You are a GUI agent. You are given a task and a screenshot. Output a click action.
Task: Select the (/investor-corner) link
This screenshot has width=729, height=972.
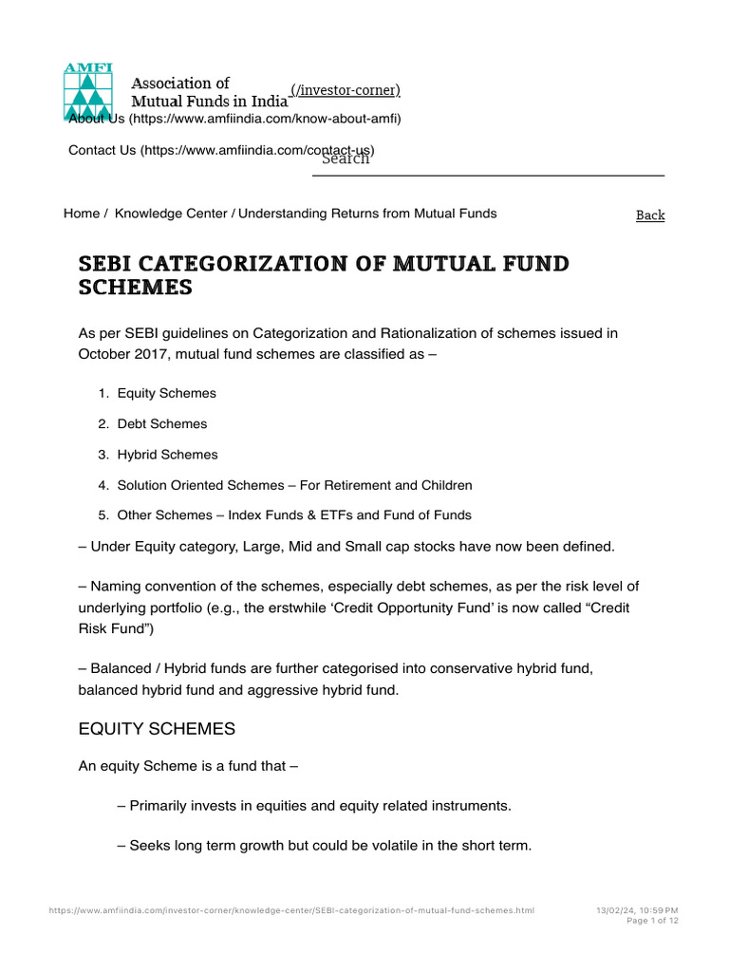pyautogui.click(x=346, y=90)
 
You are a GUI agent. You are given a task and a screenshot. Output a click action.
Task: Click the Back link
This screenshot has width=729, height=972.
pyautogui.click(x=650, y=215)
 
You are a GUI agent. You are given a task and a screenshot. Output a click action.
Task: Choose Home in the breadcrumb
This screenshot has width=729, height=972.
pyautogui.click(x=81, y=214)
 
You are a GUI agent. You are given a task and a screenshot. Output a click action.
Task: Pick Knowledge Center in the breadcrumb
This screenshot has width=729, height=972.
pyautogui.click(x=171, y=214)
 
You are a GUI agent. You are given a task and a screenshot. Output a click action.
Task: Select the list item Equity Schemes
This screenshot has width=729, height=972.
pyautogui.click(x=166, y=393)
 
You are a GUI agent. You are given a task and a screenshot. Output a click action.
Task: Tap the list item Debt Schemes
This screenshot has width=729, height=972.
pyautogui.click(x=161, y=423)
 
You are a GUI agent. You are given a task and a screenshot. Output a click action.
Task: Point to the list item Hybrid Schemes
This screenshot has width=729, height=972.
pyautogui.click(x=167, y=455)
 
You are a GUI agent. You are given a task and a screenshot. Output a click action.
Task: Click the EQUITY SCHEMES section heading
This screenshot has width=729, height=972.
pyautogui.click(x=157, y=729)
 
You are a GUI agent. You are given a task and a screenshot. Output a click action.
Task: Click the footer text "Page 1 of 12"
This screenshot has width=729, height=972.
pyautogui.click(x=653, y=921)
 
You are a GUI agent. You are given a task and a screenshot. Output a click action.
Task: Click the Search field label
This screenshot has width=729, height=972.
pyautogui.click(x=346, y=159)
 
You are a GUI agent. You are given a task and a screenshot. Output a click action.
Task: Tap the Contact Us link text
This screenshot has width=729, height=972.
pyautogui.click(x=103, y=150)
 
